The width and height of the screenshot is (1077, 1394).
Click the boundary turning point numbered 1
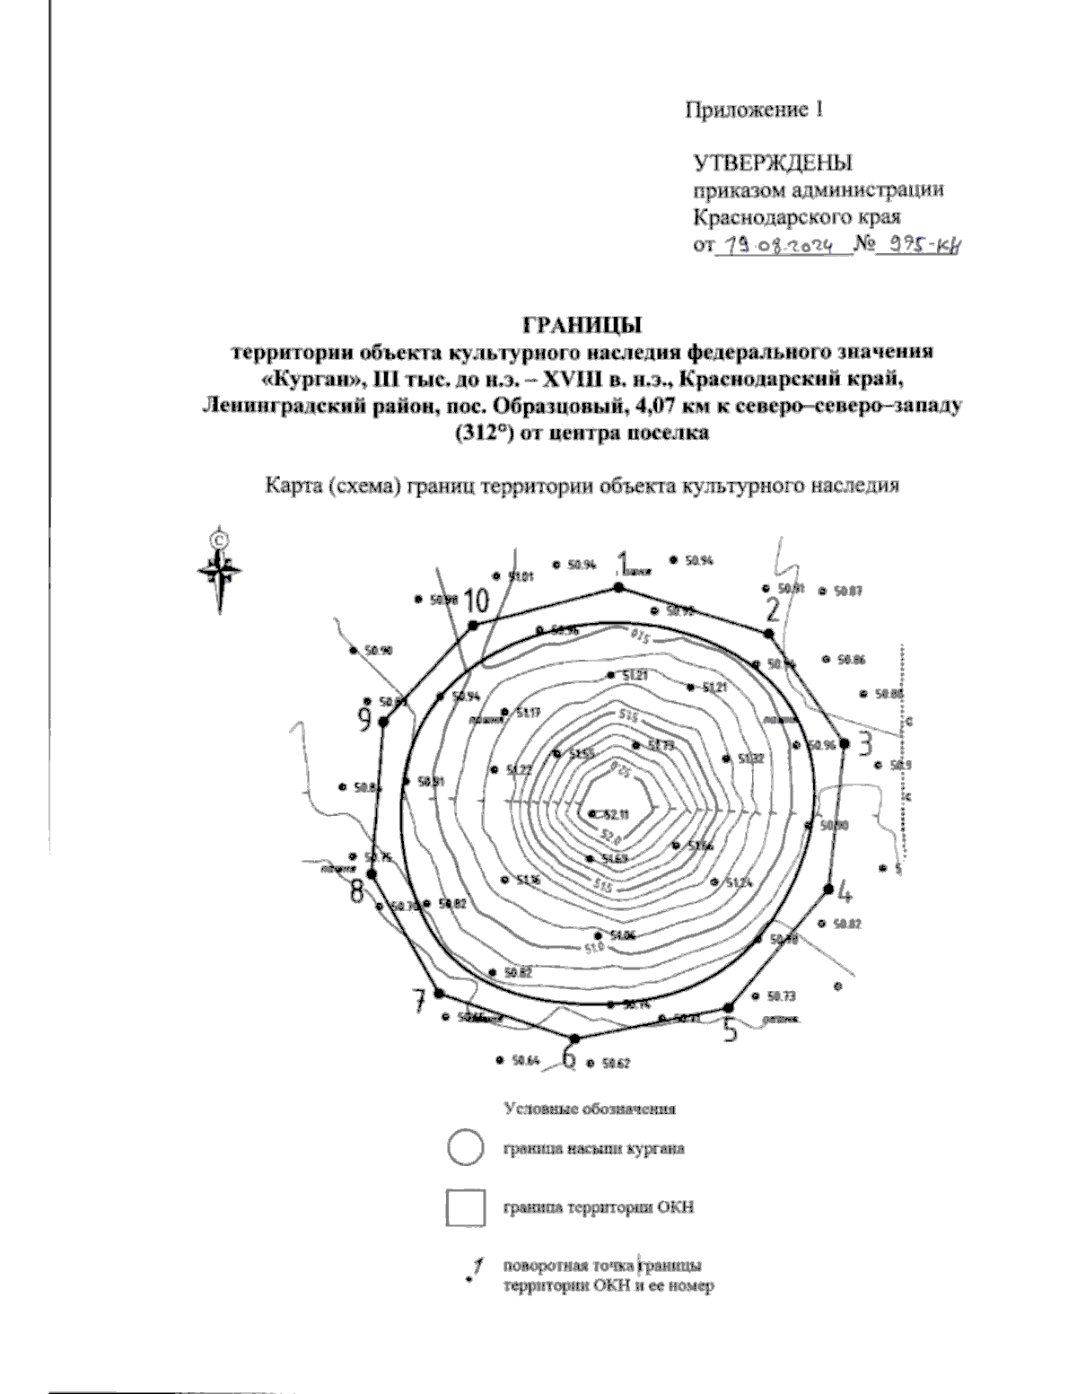pos(617,587)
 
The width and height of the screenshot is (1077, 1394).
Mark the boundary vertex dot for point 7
pos(439,993)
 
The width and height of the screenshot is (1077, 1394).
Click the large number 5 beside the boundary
pos(731,1030)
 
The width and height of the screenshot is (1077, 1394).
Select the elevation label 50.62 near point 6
pos(616,1064)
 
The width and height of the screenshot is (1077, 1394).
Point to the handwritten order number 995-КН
pos(924,244)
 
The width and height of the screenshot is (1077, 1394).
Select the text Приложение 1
pos(754,110)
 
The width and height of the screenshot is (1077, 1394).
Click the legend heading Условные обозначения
pos(590,1108)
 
